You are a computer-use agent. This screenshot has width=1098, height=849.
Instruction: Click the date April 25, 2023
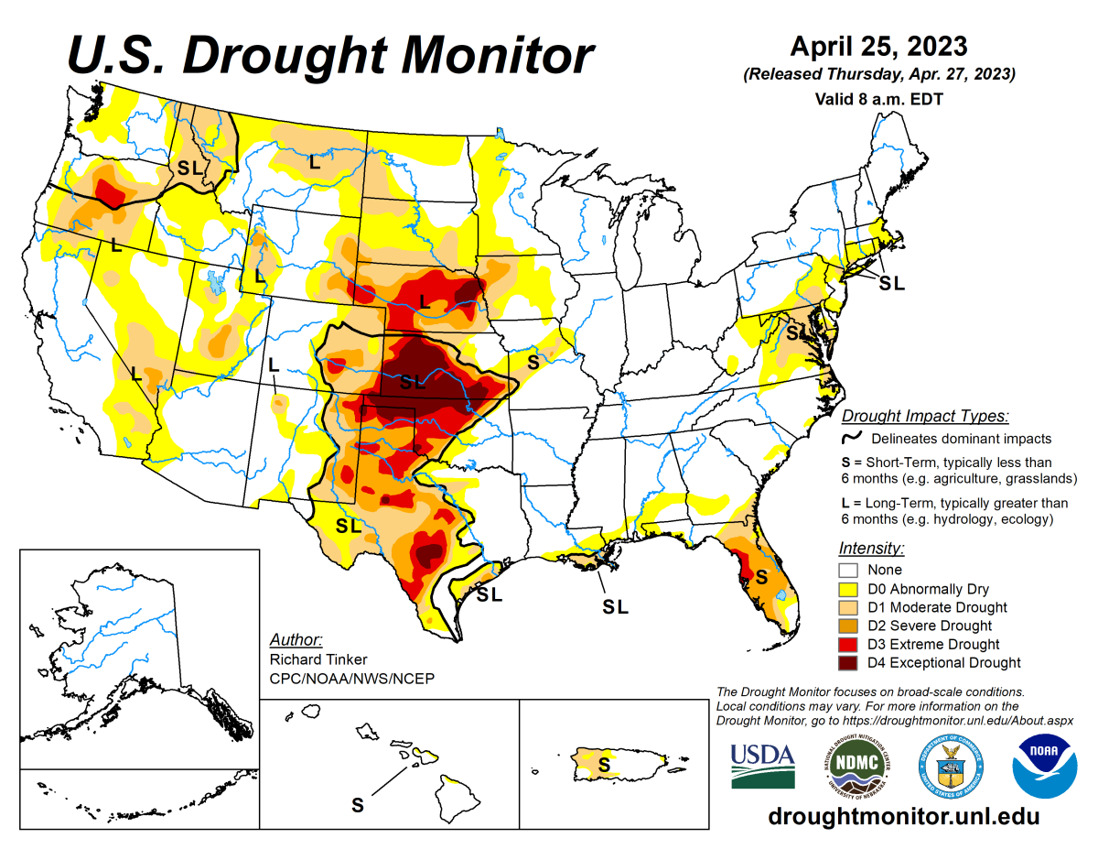click(x=878, y=46)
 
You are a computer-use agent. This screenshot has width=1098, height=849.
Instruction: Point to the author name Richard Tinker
click(x=312, y=659)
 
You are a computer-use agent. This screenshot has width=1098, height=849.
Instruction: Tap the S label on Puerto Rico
click(x=603, y=763)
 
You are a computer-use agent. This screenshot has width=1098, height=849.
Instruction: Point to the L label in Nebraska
click(x=424, y=299)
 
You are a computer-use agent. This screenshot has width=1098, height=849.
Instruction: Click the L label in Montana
click(x=314, y=163)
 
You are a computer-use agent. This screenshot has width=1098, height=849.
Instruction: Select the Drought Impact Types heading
click(x=925, y=416)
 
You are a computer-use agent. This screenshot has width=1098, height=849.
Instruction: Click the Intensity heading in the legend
click(x=871, y=549)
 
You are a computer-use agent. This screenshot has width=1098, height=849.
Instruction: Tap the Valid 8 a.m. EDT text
click(x=878, y=98)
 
